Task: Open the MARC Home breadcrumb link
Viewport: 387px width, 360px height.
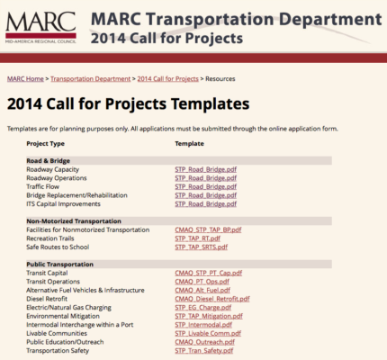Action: pos(26,79)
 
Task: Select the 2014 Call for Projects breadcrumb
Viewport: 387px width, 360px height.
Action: pos(168,79)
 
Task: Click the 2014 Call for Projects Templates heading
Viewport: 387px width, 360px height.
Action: pos(128,103)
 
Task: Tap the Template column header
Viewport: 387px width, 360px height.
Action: pos(189,143)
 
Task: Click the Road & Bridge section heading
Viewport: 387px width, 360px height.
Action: pos(49,160)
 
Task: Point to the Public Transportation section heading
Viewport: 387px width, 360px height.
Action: pos(66,264)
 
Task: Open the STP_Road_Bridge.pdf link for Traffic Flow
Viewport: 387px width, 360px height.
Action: pos(205,186)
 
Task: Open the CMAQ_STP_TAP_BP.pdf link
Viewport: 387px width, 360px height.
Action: pos(208,229)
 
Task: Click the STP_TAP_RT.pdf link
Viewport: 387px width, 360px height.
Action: pos(198,238)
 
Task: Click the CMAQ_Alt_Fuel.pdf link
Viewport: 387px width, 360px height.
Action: pos(202,290)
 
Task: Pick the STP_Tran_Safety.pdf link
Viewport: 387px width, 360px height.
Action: pos(204,350)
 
